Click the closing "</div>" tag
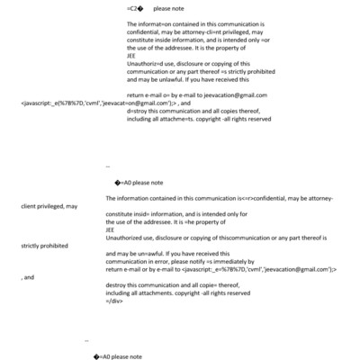coord(114,301)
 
